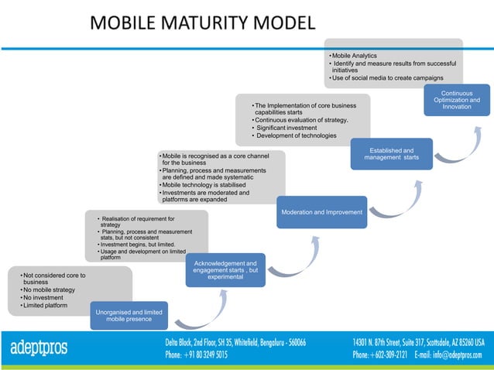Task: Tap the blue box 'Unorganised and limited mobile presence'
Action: (x=129, y=315)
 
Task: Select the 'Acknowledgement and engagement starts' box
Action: (x=226, y=269)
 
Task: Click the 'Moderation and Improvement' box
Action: (x=322, y=212)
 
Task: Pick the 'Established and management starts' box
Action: (x=391, y=153)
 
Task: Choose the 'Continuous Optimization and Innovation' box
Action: (x=456, y=100)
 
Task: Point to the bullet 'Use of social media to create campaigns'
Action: (x=387, y=78)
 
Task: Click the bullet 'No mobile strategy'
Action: (x=50, y=289)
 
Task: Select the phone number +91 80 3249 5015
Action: (x=196, y=355)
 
